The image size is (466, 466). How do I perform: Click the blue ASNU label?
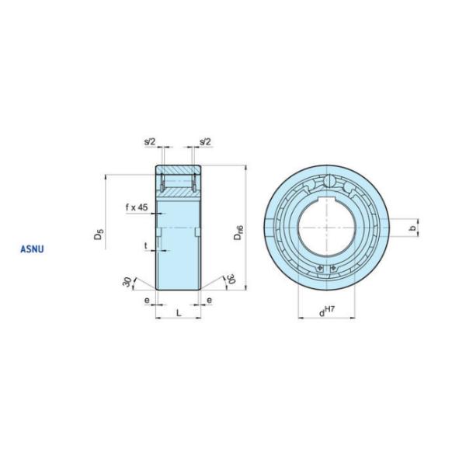32,249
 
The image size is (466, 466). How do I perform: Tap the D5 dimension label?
99,234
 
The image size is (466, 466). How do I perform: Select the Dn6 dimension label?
238,232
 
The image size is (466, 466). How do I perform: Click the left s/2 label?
150,142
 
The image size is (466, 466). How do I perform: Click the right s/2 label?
205,142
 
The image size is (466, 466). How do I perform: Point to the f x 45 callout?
137,207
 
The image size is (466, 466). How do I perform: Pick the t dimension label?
146,245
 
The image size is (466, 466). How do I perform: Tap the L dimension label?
179,312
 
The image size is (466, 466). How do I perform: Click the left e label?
147,301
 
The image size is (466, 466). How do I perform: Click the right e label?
210,301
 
